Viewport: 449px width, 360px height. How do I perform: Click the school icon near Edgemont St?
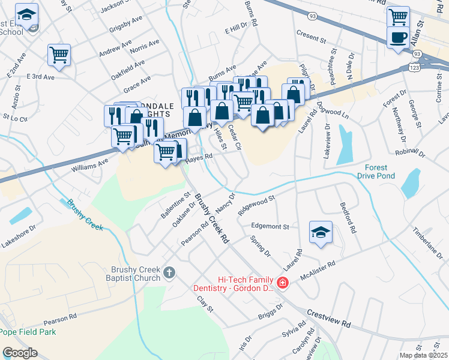[x=321, y=233]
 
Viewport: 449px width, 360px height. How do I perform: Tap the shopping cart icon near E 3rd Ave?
[x=59, y=55]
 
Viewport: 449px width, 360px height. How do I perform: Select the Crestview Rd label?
[x=328, y=318]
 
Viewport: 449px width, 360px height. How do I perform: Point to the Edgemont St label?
[x=270, y=227]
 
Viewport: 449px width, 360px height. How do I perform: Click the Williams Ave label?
[x=90, y=163]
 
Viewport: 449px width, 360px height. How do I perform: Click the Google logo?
[x=20, y=353]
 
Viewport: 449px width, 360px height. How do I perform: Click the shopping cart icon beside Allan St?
[x=399, y=16]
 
